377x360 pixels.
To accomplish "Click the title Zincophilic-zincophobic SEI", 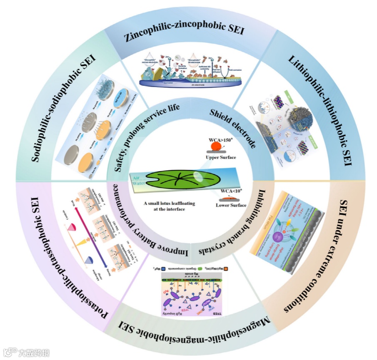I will click(184, 34).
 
